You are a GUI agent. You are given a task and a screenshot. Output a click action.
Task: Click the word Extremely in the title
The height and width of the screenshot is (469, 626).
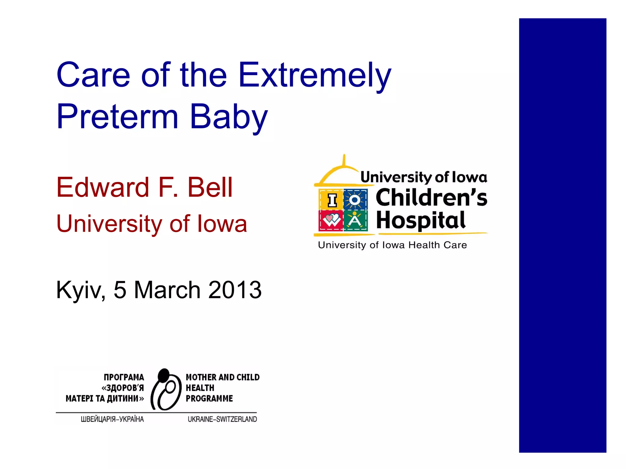point(315,75)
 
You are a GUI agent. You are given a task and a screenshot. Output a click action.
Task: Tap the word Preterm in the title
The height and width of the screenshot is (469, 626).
point(117,117)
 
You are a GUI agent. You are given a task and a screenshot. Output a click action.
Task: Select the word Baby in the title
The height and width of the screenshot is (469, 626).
point(229,117)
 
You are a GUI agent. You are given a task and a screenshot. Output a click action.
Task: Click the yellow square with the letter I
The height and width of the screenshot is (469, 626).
point(331,200)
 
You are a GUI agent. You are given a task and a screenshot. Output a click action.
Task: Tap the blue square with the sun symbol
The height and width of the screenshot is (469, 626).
point(355,200)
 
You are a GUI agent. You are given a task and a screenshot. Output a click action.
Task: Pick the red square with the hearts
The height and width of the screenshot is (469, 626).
point(331,220)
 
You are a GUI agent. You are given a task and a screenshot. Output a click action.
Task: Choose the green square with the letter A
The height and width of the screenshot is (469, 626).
point(355,220)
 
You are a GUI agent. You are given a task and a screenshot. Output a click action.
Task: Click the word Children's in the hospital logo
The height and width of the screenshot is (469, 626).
point(431,198)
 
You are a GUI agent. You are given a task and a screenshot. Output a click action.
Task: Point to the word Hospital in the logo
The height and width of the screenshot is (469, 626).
point(421,220)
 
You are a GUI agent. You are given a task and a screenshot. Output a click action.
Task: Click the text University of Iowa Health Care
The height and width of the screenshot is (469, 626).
point(392,245)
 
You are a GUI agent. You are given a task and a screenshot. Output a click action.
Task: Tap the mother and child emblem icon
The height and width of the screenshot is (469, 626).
point(166,390)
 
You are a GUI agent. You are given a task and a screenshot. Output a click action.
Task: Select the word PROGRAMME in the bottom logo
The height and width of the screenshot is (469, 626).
point(209,398)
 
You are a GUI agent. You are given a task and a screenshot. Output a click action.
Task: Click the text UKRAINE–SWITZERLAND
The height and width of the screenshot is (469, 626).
point(222,419)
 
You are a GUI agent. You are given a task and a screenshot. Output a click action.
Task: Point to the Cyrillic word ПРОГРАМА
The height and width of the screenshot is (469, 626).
point(124,377)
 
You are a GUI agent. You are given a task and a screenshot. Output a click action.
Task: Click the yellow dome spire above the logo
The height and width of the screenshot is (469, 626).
point(344,160)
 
